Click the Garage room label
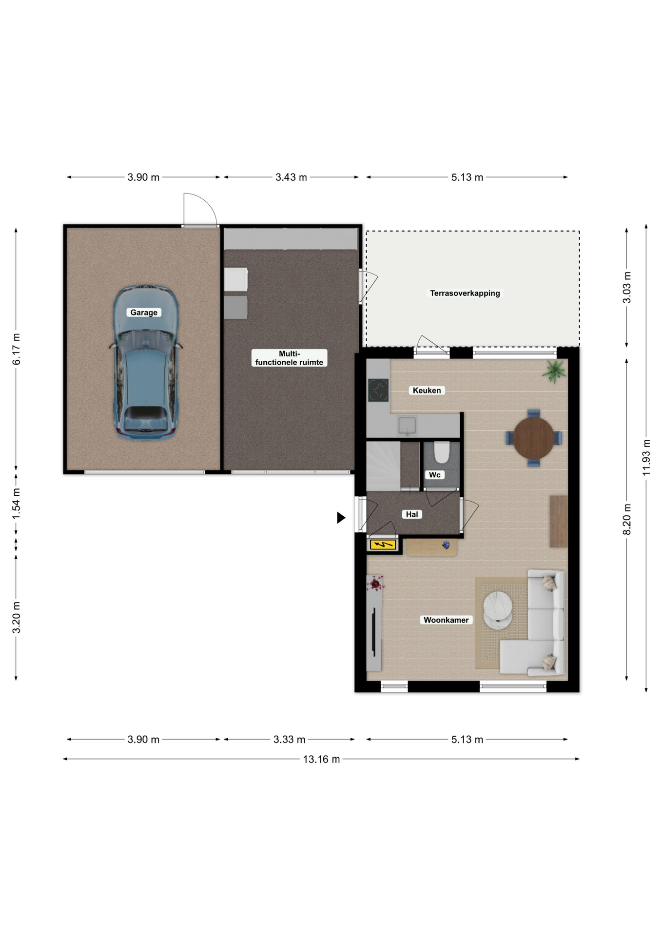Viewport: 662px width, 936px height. tap(144, 312)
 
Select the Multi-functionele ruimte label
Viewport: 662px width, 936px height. tap(289, 358)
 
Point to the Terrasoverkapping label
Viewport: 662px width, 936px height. tap(465, 293)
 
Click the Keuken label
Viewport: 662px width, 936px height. tap(427, 390)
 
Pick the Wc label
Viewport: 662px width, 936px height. tap(434, 475)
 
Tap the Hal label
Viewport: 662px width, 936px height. tap(412, 514)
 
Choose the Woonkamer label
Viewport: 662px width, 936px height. tap(446, 620)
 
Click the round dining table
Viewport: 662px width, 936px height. tap(534, 438)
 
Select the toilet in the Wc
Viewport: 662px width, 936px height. tap(442, 452)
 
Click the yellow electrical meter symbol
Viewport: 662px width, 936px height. tap(383, 545)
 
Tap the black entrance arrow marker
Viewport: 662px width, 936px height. tap(341, 518)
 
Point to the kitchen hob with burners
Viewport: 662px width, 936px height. tap(378, 390)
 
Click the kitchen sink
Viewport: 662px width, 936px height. tap(407, 426)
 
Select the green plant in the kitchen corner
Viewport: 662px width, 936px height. tap(555, 371)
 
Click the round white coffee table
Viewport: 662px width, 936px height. tap(498, 610)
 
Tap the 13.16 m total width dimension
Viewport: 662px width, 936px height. tap(321, 759)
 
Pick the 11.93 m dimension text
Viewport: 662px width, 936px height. tap(646, 457)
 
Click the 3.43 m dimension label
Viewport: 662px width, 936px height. tap(291, 177)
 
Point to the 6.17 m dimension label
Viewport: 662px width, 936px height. tap(16, 349)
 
